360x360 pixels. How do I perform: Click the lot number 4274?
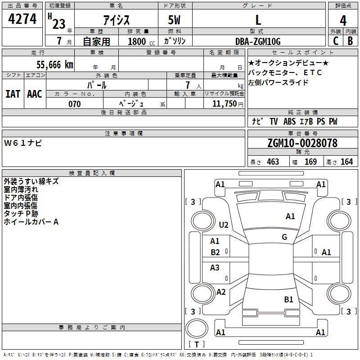tap(22, 19)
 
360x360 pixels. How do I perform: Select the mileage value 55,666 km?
tap(55, 64)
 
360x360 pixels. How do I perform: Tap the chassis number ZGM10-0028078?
tap(302, 143)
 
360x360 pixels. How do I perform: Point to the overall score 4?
tap(343, 21)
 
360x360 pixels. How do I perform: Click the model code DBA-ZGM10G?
tap(258, 41)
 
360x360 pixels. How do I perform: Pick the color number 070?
tap(75, 104)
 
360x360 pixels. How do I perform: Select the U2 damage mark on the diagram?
tap(224, 225)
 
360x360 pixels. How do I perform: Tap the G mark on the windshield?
tap(284, 237)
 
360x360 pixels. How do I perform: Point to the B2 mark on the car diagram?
tap(215, 252)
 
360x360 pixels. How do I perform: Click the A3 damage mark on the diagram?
tap(215, 267)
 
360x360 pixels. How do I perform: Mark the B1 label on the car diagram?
tap(288, 299)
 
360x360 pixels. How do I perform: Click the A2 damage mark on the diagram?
tap(221, 292)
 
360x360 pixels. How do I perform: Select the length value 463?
tap(273, 162)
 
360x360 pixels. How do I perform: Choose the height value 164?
tap(346, 162)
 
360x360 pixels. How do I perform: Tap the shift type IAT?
tap(13, 94)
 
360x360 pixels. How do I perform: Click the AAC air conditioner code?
tap(35, 94)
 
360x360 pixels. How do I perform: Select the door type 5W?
tap(174, 20)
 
